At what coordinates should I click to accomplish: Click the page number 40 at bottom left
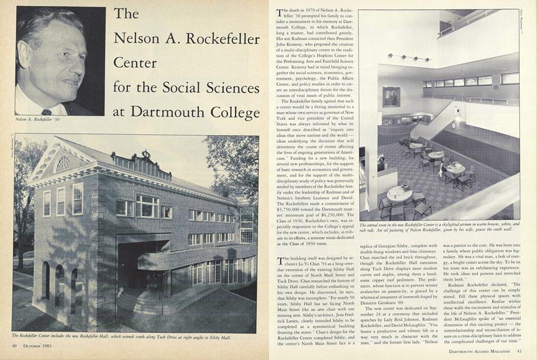click(13, 345)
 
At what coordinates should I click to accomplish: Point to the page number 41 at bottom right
click(519, 351)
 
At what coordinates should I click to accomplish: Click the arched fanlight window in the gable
click(62, 163)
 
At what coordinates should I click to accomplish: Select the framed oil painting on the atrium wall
click(391, 97)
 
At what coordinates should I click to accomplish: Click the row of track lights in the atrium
click(408, 58)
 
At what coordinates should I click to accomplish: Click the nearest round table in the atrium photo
click(399, 193)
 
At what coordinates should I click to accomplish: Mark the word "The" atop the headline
click(126, 14)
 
